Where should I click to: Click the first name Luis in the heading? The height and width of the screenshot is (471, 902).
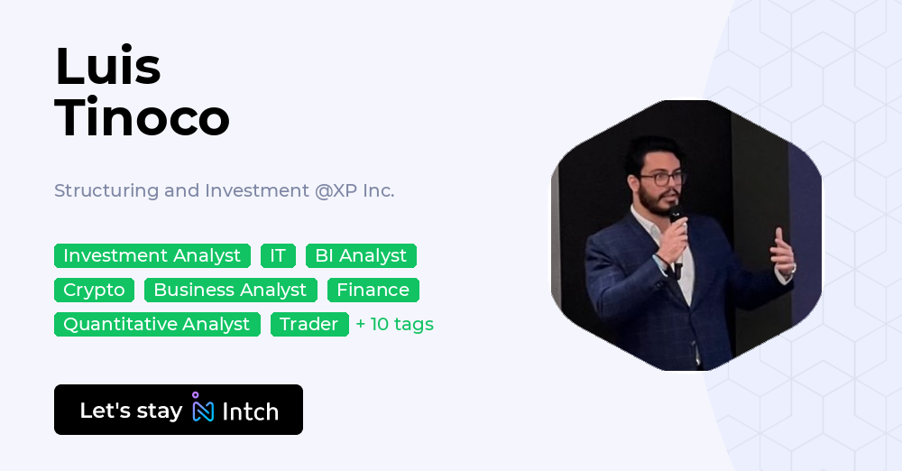(x=107, y=67)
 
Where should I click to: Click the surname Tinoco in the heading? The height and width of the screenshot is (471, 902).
(x=142, y=117)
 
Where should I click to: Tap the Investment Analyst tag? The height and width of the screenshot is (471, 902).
(x=152, y=256)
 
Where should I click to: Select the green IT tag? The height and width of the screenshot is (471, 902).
(x=278, y=256)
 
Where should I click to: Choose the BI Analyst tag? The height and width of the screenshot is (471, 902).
(x=361, y=256)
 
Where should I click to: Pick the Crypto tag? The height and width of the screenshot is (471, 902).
(x=94, y=291)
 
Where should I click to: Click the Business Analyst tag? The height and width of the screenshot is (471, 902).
(x=230, y=291)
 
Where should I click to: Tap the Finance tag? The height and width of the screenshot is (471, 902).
(x=373, y=291)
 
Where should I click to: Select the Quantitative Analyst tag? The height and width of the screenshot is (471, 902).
(x=157, y=325)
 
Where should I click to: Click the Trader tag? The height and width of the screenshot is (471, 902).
(x=309, y=325)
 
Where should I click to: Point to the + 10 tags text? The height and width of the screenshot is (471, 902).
(x=395, y=325)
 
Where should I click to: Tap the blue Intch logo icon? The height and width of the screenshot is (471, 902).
(x=203, y=410)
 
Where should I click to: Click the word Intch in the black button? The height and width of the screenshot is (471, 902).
(x=250, y=411)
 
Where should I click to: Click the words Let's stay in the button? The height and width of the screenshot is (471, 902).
(x=131, y=411)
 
